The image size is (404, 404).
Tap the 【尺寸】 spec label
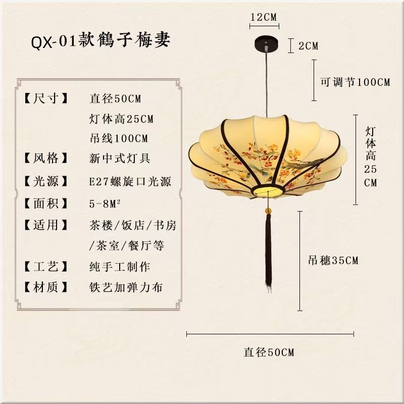click(x=45, y=98)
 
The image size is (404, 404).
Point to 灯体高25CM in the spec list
click(x=121, y=119)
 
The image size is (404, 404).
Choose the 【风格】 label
click(x=45, y=159)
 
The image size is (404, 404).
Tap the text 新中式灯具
click(x=120, y=159)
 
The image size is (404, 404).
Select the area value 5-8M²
click(x=106, y=203)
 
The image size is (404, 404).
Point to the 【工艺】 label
click(x=45, y=266)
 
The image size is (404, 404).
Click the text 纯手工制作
click(x=120, y=266)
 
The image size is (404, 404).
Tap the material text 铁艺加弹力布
click(x=126, y=287)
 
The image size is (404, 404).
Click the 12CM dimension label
click(x=264, y=17)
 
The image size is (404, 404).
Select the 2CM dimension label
click(x=309, y=46)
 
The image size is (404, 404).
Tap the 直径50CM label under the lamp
click(x=269, y=352)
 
